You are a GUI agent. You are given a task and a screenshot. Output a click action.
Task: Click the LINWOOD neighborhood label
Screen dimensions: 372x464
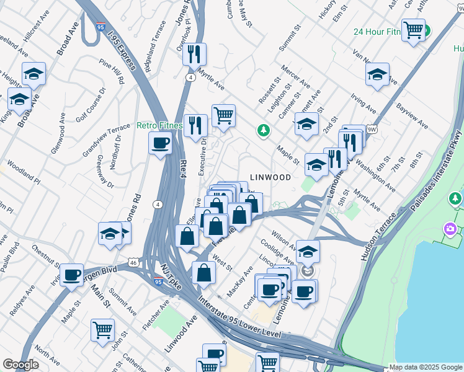point(270,177)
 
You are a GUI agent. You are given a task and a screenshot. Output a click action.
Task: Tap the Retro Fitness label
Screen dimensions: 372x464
point(159,126)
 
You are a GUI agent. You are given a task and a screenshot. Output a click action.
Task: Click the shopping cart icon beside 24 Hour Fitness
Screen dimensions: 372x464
point(413,29)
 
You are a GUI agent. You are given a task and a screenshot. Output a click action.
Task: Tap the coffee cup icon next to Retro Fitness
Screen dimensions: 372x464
point(161,144)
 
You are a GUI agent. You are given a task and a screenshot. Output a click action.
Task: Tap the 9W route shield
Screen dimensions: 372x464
point(372,130)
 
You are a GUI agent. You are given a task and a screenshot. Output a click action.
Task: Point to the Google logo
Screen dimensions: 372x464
point(20,365)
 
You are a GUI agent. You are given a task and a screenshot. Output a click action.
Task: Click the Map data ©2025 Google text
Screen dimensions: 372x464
point(425,367)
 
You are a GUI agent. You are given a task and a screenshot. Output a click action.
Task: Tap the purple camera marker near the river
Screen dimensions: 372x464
point(450,230)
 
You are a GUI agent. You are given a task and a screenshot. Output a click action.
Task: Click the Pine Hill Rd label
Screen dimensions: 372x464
point(112,71)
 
